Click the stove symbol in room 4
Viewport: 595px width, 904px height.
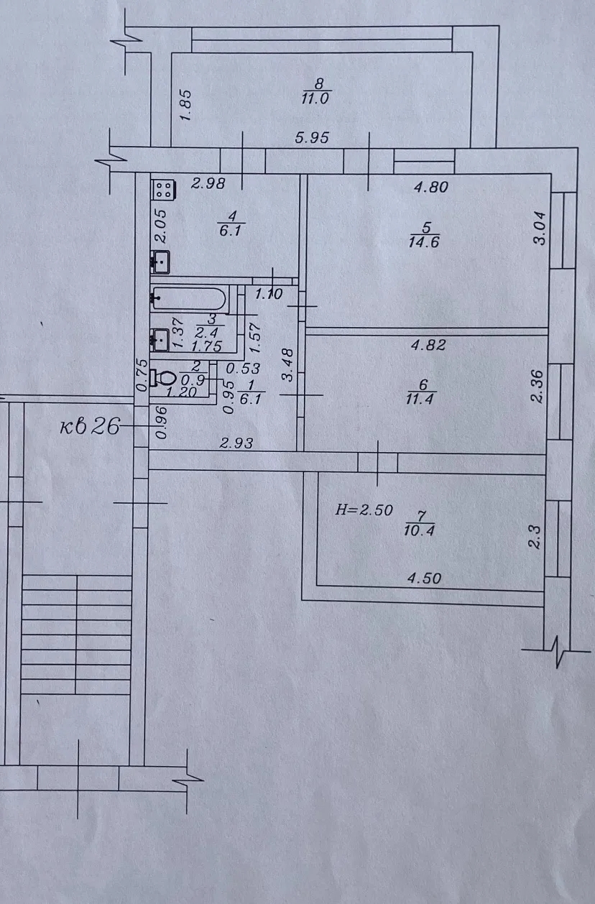163,190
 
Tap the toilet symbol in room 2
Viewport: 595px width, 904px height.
163,378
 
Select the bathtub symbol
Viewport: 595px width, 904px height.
188,298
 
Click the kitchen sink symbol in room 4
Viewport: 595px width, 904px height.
160,262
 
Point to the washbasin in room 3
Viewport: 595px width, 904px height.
160,340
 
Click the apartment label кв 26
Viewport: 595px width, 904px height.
90,425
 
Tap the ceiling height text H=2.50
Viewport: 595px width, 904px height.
364,510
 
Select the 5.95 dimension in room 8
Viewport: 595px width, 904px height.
312,138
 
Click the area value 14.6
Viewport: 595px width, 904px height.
424,241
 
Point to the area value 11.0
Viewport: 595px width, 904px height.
315,98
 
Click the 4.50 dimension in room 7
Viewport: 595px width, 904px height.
424,578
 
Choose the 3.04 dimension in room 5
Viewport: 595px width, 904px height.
540,229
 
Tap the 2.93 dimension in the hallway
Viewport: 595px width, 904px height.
236,443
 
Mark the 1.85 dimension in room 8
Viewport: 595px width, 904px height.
185,105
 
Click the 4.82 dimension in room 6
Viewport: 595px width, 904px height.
428,345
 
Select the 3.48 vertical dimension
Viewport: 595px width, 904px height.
287,365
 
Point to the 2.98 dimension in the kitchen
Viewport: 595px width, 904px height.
208,184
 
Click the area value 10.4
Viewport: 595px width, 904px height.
419,530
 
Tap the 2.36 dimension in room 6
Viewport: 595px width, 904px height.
538,386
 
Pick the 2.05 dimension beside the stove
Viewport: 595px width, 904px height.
160,226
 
